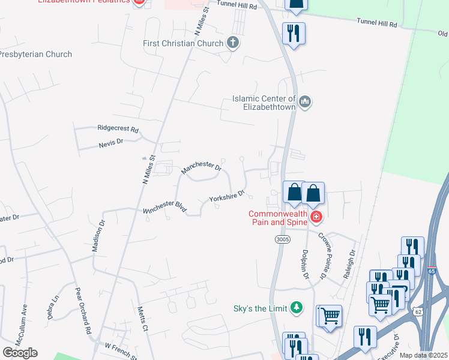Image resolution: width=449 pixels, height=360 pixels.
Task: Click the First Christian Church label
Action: click(183, 43)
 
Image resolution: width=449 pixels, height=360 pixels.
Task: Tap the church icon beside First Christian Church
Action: click(233, 43)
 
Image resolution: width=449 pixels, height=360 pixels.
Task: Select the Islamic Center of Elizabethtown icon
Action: click(305, 102)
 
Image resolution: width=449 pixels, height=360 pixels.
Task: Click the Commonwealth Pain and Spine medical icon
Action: click(315, 217)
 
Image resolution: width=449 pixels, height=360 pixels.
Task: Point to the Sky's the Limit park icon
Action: click(295, 308)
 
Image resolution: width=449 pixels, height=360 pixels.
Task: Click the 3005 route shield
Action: click(283, 239)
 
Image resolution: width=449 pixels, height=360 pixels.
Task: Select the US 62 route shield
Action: click(418, 310)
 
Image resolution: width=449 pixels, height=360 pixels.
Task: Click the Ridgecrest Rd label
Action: click(118, 129)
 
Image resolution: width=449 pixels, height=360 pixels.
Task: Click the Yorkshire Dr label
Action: click(227, 196)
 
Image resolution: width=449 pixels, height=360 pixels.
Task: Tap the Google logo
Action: click(20, 353)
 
